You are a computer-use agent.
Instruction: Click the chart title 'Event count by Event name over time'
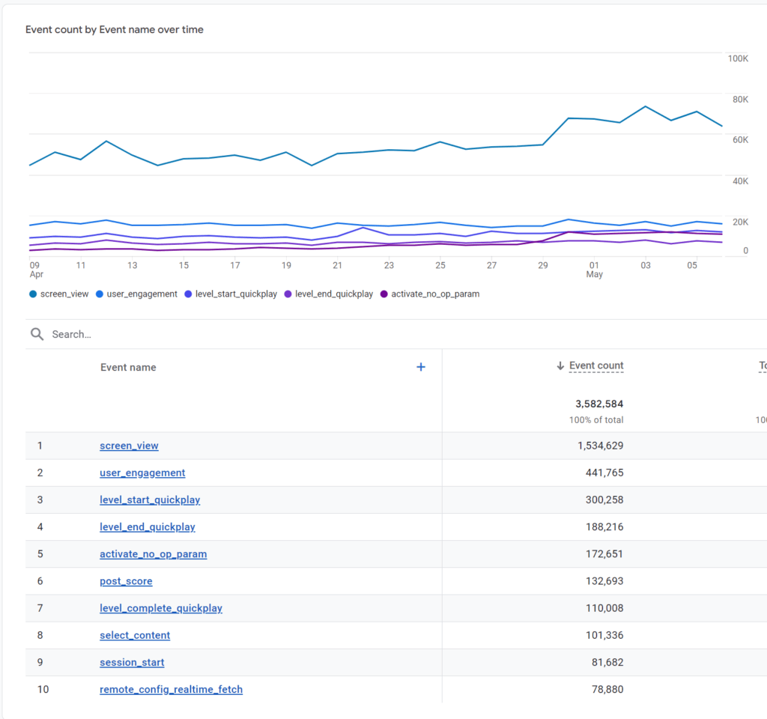(x=115, y=30)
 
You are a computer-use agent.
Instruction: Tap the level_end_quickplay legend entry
(x=333, y=294)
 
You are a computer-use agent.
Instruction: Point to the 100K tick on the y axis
(x=738, y=58)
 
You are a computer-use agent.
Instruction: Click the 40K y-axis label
(x=739, y=181)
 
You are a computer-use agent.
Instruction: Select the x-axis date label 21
(x=338, y=265)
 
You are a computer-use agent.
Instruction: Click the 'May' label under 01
(x=594, y=275)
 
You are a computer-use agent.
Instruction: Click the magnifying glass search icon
(x=37, y=334)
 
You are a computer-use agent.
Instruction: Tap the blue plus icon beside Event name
(x=420, y=367)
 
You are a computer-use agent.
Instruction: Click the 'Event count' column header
(x=596, y=366)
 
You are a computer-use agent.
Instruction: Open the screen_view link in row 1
(x=129, y=446)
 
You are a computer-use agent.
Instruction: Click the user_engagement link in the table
(x=142, y=473)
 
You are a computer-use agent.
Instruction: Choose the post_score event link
(x=126, y=581)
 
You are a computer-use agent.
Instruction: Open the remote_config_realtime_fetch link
(x=171, y=689)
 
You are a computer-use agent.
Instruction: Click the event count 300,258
(x=604, y=500)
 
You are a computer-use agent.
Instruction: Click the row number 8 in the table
(x=40, y=635)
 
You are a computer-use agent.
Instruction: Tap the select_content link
(x=135, y=635)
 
